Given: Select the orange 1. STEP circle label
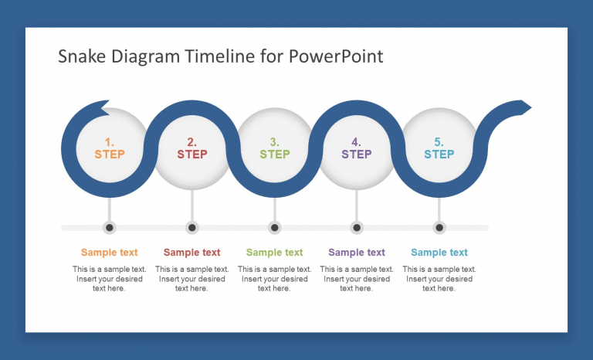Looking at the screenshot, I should click(x=110, y=148).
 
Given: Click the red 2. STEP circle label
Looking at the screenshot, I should click(x=192, y=148).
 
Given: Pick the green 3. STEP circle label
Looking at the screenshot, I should click(x=274, y=148).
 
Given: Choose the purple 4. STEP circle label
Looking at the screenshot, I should click(x=356, y=148).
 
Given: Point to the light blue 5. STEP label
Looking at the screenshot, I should click(x=439, y=148).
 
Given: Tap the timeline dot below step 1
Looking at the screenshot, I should click(x=110, y=227).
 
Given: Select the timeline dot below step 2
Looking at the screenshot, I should click(x=192, y=227).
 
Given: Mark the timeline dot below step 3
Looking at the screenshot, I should click(x=275, y=227).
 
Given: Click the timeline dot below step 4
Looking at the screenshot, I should click(x=357, y=227).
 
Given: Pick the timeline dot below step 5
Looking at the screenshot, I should click(x=439, y=227).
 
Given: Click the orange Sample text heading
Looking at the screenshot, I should click(x=110, y=253).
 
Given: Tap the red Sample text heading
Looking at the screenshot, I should click(x=192, y=253).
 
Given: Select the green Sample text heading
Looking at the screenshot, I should click(x=274, y=253).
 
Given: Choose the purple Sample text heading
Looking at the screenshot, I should click(x=357, y=253).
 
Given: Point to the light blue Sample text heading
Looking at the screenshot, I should click(x=439, y=253).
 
